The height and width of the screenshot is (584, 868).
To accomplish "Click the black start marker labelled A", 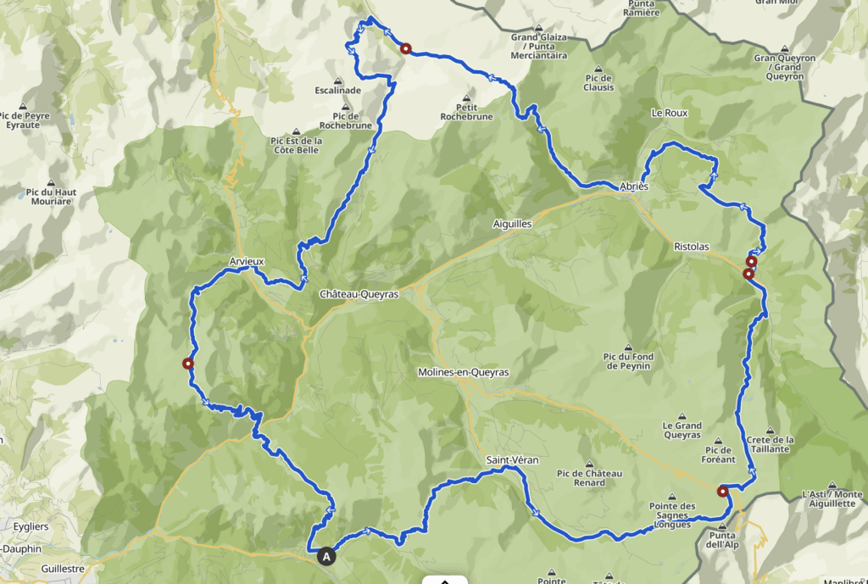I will pyautogui.click(x=327, y=557).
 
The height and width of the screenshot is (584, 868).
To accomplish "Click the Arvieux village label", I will pyautogui.click(x=248, y=262).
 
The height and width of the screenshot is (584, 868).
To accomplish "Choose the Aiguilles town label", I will pyautogui.click(x=512, y=224).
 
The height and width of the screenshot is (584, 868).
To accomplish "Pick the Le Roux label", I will pyautogui.click(x=669, y=113).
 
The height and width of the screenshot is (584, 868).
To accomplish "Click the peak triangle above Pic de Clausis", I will pyautogui.click(x=598, y=69).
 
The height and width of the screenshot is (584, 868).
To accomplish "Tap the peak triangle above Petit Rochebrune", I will pyautogui.click(x=465, y=97).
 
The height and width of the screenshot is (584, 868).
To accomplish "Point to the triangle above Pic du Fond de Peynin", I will pyautogui.click(x=627, y=347).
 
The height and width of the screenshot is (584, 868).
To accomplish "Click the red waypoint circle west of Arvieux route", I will pyautogui.click(x=188, y=364).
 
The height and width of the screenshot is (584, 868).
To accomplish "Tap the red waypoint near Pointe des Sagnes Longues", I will pyautogui.click(x=722, y=491).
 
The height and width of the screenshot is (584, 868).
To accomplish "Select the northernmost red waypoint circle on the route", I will pyautogui.click(x=406, y=49).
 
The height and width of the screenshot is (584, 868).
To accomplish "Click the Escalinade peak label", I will pyautogui.click(x=337, y=90).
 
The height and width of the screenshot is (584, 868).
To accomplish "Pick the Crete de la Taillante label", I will pyautogui.click(x=771, y=444).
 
